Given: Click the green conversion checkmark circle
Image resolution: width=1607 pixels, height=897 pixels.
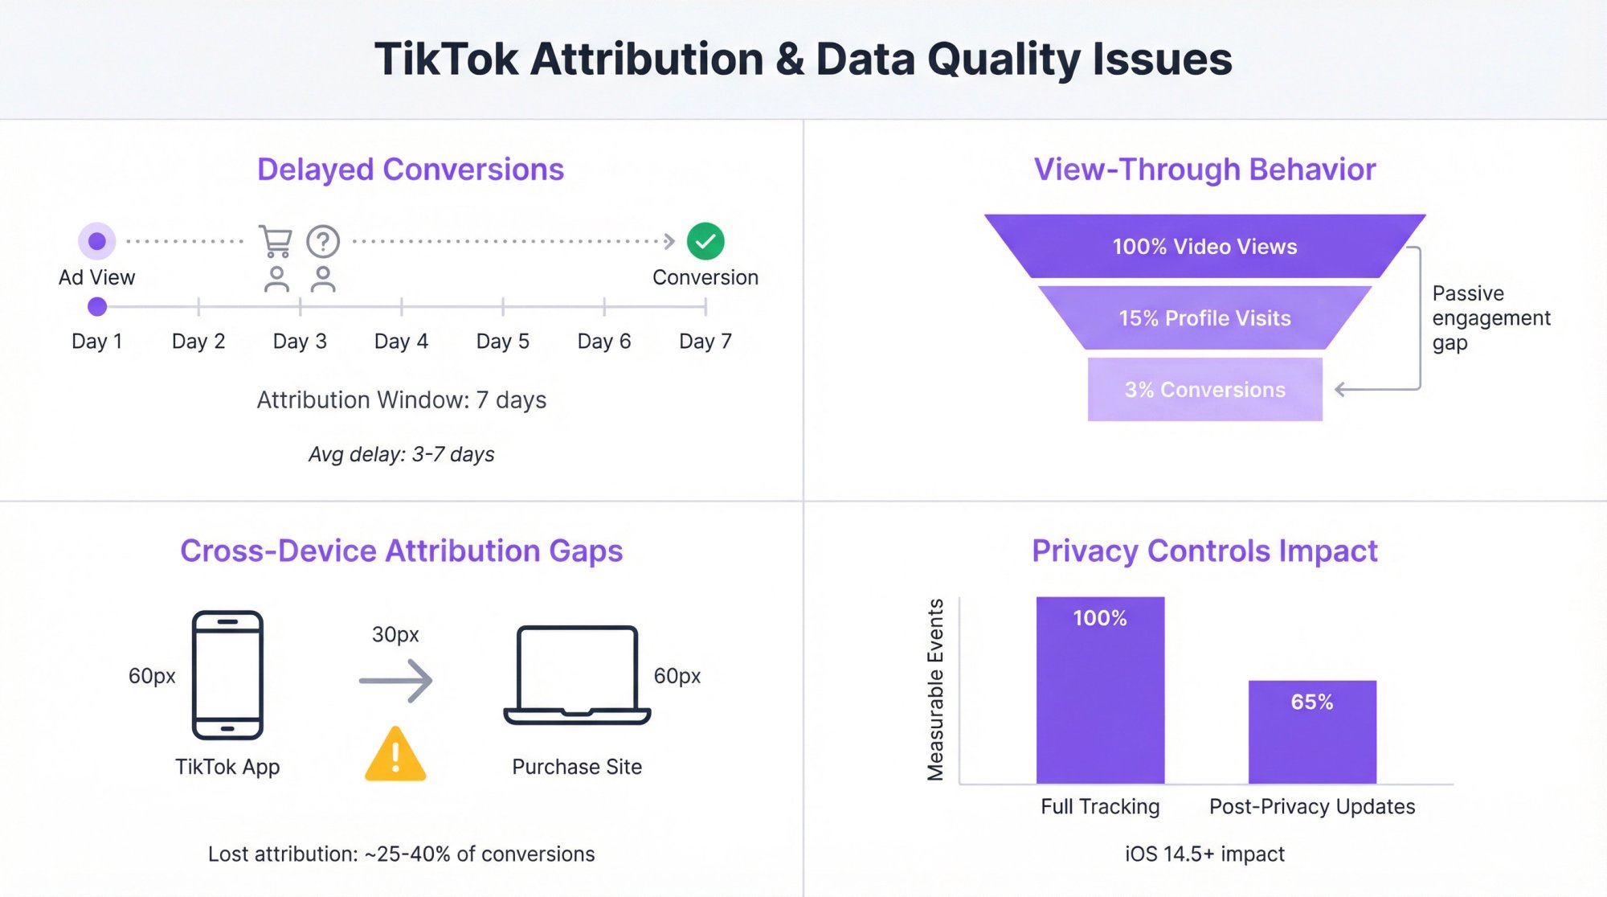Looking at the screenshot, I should click(705, 241).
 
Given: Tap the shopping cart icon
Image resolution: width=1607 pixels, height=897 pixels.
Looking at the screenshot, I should click(276, 241).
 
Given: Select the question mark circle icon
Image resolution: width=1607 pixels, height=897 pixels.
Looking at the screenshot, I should click(323, 241).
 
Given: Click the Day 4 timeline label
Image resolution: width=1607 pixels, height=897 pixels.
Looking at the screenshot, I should click(401, 341).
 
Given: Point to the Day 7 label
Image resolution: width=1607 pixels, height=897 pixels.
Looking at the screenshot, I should click(705, 341).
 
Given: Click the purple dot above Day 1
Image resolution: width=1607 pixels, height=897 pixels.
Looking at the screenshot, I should click(97, 306).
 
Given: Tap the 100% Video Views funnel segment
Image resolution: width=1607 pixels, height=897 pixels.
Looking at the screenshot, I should click(1204, 247).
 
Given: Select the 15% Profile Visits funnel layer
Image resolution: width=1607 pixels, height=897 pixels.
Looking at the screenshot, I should click(1204, 318).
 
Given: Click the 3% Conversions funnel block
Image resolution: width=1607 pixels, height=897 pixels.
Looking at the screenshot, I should click(1204, 390).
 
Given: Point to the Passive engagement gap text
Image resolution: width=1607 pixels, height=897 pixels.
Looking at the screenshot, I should click(1490, 318).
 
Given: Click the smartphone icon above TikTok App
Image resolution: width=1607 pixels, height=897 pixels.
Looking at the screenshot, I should click(227, 674).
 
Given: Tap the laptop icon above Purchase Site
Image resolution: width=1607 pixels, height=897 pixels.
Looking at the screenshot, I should click(577, 675).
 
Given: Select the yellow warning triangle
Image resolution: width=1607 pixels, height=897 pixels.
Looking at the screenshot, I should click(395, 756).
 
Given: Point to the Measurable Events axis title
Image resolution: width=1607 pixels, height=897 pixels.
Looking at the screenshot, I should click(935, 690).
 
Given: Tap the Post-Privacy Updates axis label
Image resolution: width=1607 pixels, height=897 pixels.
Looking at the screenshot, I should click(1312, 806).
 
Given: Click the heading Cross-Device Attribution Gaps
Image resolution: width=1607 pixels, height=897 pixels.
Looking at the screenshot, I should click(401, 551).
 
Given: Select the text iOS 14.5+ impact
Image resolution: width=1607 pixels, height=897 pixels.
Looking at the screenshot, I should click(1204, 854).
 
